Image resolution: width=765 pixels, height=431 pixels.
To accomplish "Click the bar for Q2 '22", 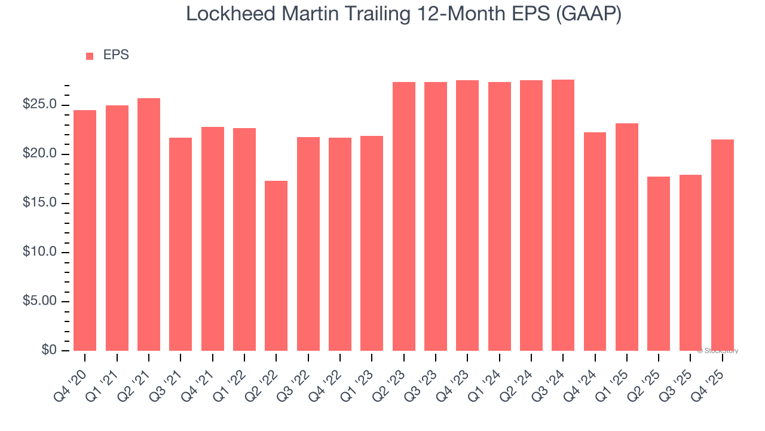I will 276,266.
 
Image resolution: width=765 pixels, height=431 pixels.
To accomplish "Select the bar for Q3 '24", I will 563,215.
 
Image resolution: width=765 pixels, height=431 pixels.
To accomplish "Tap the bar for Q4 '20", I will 85,230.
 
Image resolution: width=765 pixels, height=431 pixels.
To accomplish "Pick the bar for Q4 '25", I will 723,245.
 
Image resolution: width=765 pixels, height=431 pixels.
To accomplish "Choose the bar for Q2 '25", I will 659,264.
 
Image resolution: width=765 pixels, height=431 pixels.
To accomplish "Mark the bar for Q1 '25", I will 627,237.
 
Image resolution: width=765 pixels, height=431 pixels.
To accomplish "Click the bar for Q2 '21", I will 149,224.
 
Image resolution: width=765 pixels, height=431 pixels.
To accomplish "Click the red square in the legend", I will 90,56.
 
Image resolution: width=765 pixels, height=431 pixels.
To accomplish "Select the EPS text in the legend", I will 116,55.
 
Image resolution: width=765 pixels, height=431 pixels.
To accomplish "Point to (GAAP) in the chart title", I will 588,14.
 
